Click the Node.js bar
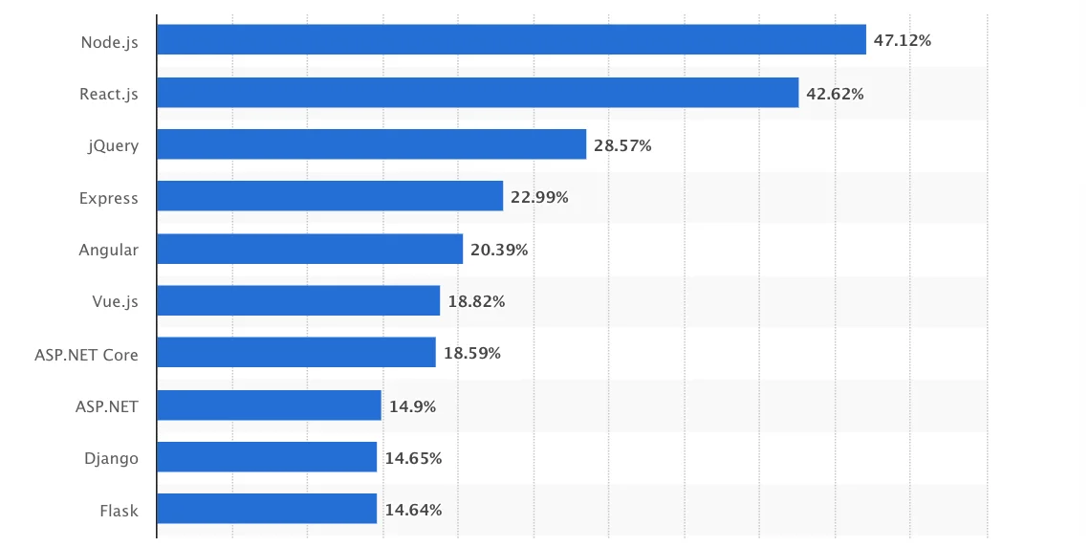click(x=511, y=40)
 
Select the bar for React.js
click(x=477, y=93)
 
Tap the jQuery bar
click(x=371, y=145)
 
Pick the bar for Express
click(x=329, y=197)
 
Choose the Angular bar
click(x=309, y=250)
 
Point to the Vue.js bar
click(x=297, y=301)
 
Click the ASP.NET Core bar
click(x=295, y=353)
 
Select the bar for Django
click(x=266, y=457)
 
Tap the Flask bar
click(x=266, y=510)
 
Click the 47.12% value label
click(x=902, y=40)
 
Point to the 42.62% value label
click(x=835, y=94)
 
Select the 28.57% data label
click(x=622, y=145)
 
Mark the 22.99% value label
click(x=539, y=197)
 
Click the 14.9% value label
click(x=412, y=405)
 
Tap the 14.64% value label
click(x=413, y=510)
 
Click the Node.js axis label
click(x=110, y=42)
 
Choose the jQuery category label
click(x=114, y=146)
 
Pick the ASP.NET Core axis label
click(x=86, y=355)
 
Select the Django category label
click(x=111, y=458)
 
